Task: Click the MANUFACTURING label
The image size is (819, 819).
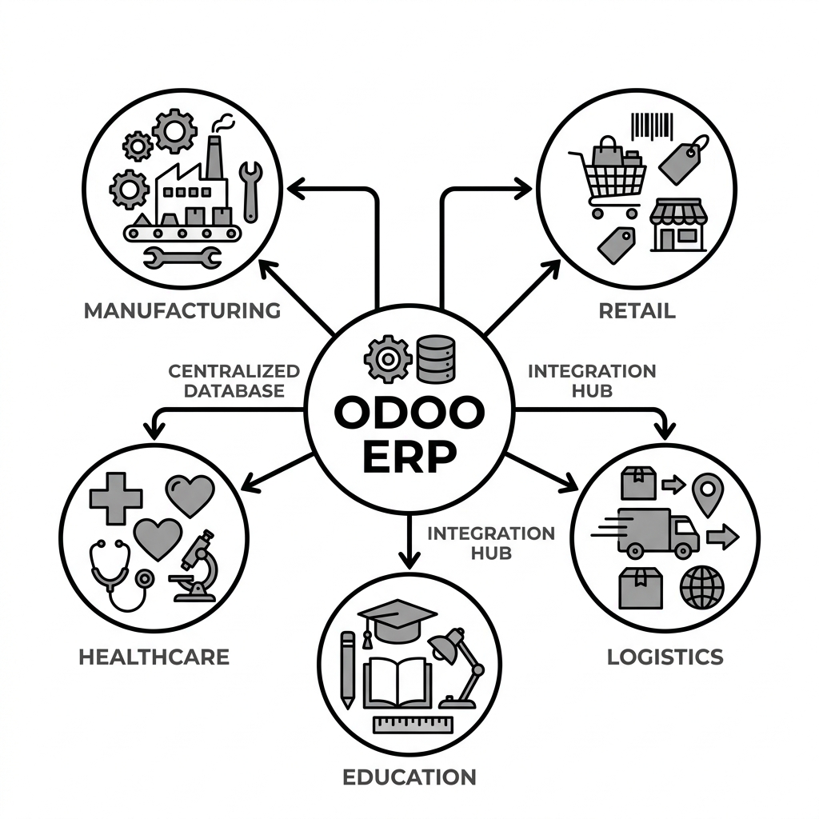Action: (182, 311)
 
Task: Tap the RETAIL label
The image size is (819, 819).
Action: (637, 311)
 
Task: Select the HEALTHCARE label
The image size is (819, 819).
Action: (154, 657)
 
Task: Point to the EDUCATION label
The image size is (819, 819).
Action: (409, 777)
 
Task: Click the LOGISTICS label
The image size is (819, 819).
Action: (665, 657)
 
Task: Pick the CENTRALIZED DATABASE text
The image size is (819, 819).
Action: (234, 381)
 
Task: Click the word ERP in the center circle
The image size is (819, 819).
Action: (409, 457)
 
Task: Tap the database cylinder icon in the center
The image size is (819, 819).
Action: (436, 359)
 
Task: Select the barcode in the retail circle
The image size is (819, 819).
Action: (653, 127)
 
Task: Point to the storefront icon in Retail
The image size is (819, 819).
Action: (678, 225)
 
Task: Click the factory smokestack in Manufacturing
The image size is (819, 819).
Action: (214, 158)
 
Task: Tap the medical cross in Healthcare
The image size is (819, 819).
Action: (116, 498)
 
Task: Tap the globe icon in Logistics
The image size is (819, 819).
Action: (702, 587)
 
